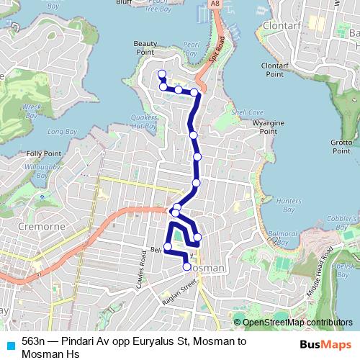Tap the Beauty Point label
(x=145, y=48)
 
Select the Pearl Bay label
(x=191, y=48)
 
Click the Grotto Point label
(x=341, y=147)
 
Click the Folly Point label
(x=43, y=153)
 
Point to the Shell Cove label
(x=247, y=112)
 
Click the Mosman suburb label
(x=209, y=267)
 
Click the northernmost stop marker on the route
(x=161, y=73)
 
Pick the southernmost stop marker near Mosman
(x=188, y=266)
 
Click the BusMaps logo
(x=321, y=344)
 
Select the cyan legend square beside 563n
(x=9, y=344)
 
